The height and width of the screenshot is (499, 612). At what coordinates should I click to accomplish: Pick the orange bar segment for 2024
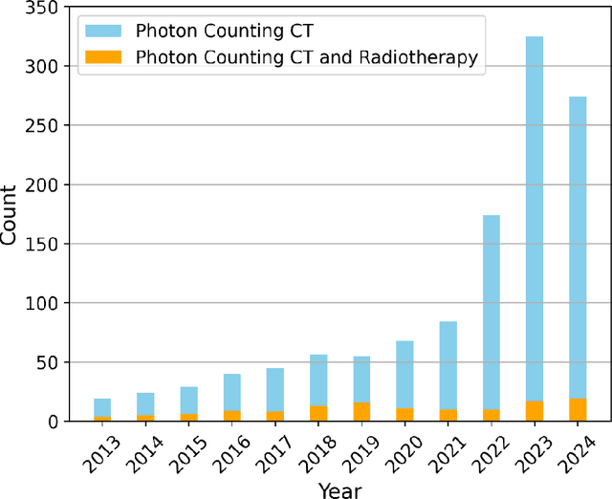pos(577,410)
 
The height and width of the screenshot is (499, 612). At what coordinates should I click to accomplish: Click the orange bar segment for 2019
pos(361,412)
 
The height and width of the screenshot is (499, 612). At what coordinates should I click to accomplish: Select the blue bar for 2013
pos(102,407)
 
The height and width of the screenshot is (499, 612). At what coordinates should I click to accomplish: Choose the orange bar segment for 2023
pos(534,411)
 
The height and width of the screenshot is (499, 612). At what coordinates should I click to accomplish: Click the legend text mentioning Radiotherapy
pos(307,57)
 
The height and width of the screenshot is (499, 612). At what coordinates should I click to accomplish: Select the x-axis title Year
pos(339,488)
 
